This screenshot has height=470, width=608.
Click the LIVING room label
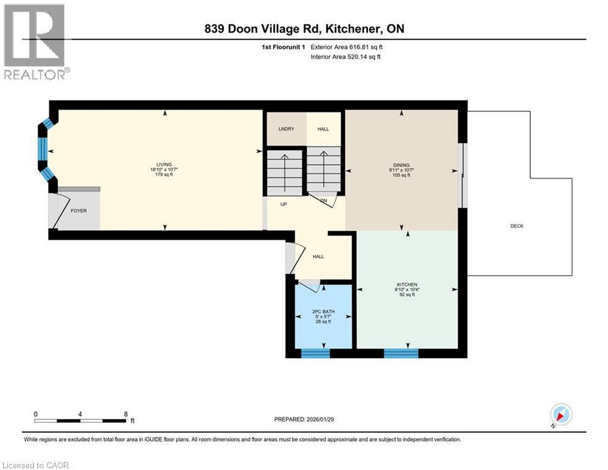164,165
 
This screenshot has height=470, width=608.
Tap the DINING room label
401,165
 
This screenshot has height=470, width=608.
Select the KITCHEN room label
406,285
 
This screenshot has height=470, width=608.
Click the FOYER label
78,211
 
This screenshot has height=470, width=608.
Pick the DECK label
517,226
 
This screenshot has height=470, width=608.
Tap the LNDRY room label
286,129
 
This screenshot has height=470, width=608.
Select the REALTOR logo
35,42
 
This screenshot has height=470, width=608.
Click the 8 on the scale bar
125,414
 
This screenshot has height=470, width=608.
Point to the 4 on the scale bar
80,414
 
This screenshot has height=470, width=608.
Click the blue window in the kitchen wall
401,352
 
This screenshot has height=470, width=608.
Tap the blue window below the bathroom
316,352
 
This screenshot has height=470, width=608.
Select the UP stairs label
284,204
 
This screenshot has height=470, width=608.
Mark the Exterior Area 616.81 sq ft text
348,47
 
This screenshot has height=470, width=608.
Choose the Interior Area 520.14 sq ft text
346,56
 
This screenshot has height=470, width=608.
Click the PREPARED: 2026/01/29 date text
305,419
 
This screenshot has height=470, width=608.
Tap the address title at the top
304,29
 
